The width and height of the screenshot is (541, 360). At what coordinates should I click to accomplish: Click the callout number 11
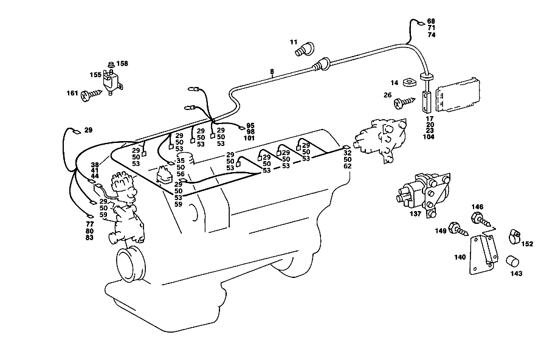click(293, 42)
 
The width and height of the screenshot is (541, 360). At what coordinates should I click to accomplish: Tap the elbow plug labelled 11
click(305, 49)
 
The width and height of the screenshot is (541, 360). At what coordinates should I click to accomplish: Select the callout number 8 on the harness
click(272, 72)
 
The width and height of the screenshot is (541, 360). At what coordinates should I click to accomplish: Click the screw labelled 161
click(91, 95)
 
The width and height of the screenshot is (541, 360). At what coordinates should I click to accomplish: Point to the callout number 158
click(122, 63)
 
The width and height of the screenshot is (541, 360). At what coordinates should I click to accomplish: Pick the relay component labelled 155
click(112, 81)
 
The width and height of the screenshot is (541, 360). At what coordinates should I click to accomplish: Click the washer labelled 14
click(410, 83)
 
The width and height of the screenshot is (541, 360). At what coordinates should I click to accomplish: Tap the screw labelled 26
click(405, 102)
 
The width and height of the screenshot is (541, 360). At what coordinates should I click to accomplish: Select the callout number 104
click(430, 137)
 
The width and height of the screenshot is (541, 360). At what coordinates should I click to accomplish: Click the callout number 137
click(415, 213)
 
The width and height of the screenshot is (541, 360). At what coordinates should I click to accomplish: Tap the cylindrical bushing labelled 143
click(512, 261)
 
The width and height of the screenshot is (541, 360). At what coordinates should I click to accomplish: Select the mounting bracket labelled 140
click(484, 254)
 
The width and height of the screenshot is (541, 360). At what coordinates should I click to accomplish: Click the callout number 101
click(249, 138)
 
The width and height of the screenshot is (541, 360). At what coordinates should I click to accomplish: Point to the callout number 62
click(348, 166)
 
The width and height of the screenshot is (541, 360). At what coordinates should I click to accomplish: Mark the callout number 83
click(89, 238)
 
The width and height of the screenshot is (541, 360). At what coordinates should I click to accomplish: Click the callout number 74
click(432, 35)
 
